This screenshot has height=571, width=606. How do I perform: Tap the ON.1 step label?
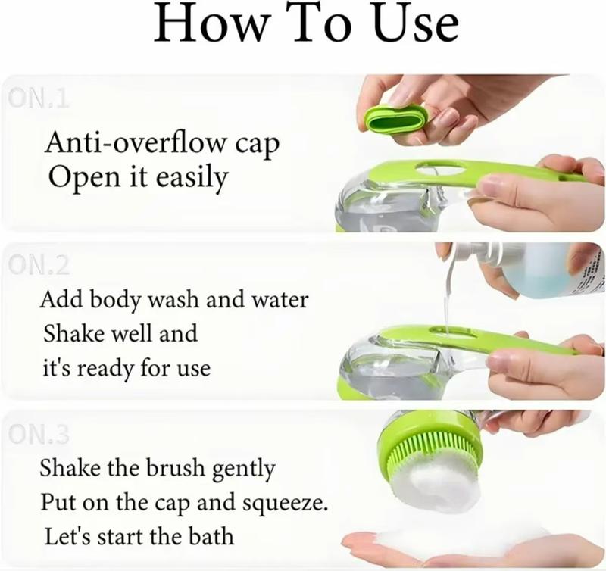(39, 99)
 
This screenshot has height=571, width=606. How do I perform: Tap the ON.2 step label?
(39, 265)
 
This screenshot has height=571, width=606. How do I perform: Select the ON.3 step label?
(39, 434)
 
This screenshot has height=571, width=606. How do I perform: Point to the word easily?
(192, 179)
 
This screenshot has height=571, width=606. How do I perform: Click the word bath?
(211, 536)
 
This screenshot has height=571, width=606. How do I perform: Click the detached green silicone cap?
(396, 120)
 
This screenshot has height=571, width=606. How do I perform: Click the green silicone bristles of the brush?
(433, 448)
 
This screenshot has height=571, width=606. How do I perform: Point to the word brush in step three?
(175, 467)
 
